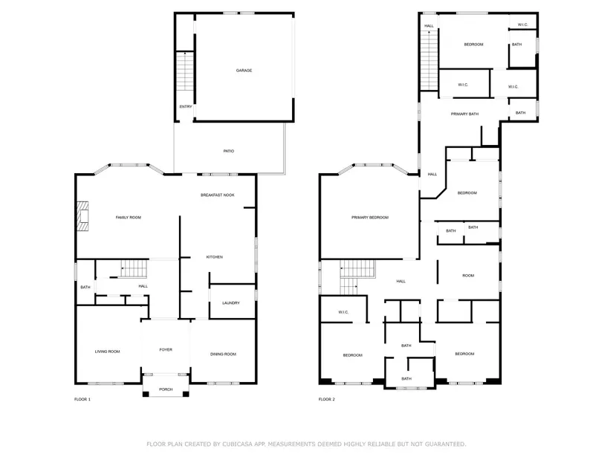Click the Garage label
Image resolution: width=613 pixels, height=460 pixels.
click(x=244, y=71)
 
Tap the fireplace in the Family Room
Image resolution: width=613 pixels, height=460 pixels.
click(x=82, y=216)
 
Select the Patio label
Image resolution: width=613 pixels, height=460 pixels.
click(x=229, y=151)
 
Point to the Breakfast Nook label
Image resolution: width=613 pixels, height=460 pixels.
click(x=218, y=195)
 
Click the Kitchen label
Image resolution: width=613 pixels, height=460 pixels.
click(x=215, y=257)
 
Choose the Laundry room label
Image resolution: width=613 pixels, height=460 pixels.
click(x=230, y=302)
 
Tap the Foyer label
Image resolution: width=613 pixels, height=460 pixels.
click(x=166, y=350)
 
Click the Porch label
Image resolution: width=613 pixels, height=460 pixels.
click(x=166, y=389)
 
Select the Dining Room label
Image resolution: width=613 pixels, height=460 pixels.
click(x=223, y=354)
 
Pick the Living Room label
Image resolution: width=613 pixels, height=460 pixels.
click(x=108, y=352)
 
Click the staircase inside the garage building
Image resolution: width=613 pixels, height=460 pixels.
click(x=184, y=71)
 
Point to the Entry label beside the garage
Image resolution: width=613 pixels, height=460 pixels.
click(x=186, y=106)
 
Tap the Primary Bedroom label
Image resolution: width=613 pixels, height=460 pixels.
click(x=370, y=217)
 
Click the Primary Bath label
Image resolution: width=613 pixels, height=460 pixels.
click(x=464, y=114)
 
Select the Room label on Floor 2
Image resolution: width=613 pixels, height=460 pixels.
click(x=468, y=276)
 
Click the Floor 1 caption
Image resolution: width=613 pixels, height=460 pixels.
click(x=82, y=399)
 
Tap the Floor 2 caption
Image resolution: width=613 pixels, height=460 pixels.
click(x=327, y=399)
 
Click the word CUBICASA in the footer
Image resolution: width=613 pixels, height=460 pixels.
click(x=238, y=444)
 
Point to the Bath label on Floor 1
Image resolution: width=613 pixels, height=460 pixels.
click(x=85, y=287)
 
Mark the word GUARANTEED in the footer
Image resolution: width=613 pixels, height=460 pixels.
click(x=445, y=444)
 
